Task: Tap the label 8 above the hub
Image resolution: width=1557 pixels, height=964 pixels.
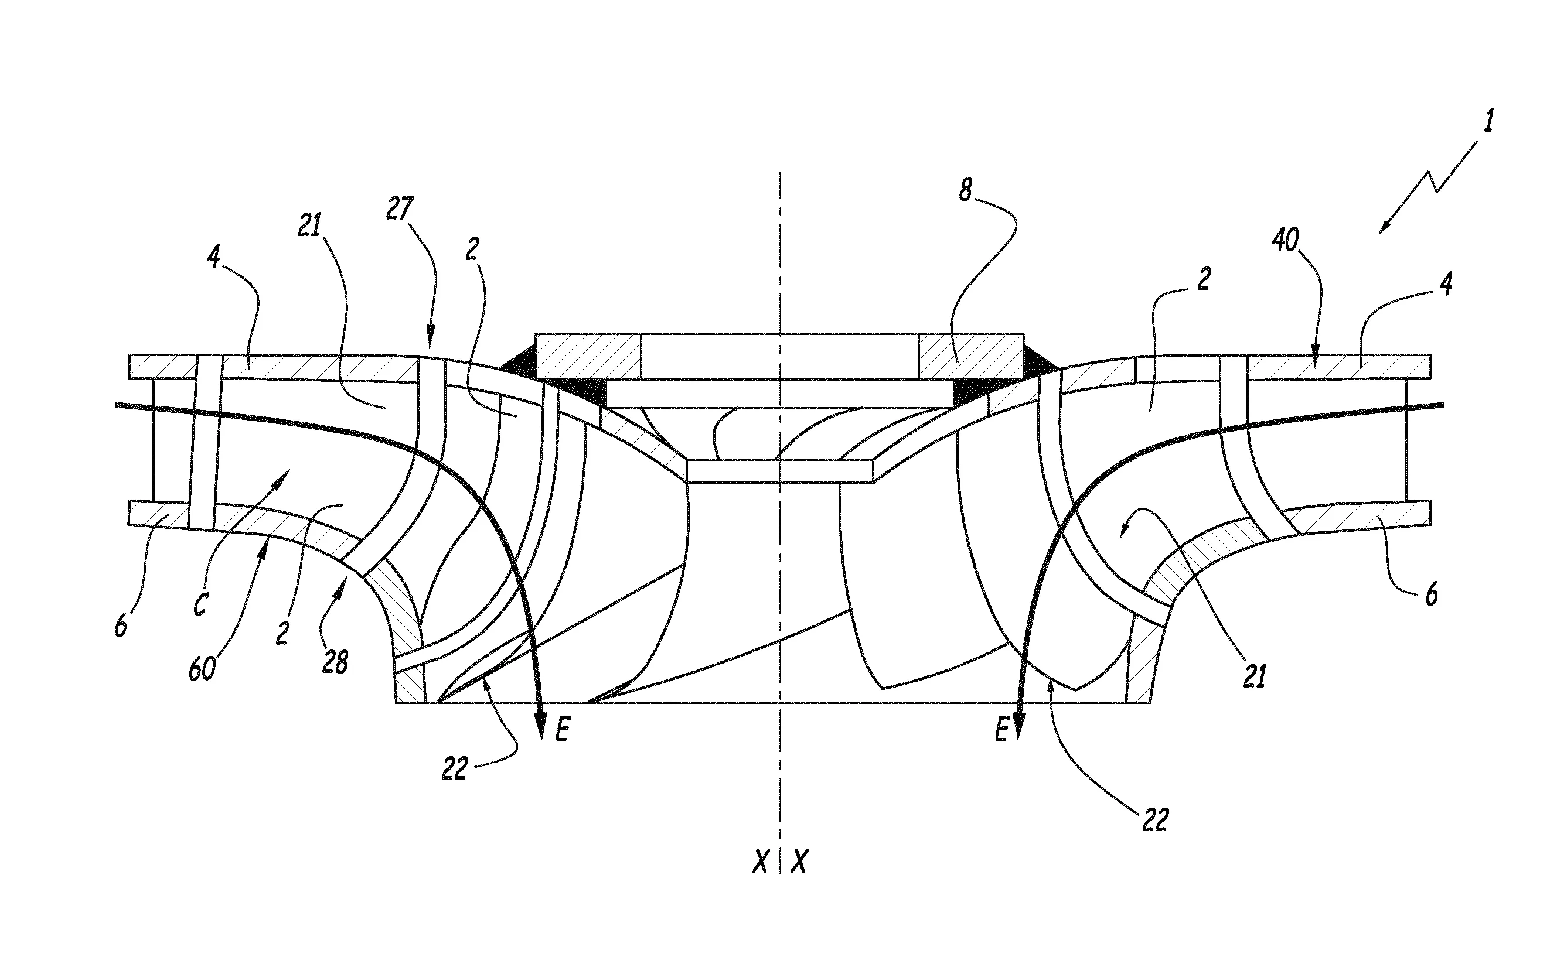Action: tap(966, 190)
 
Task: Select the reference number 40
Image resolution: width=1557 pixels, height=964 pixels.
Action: tap(1285, 240)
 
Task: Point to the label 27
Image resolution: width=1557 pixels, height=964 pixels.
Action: tap(400, 208)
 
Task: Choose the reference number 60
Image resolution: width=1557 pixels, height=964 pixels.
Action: tap(202, 669)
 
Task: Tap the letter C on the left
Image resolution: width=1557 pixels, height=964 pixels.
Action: tap(200, 604)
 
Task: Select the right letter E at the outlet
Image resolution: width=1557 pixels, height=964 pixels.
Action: tap(1001, 730)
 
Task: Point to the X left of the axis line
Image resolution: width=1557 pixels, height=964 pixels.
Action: tap(759, 862)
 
